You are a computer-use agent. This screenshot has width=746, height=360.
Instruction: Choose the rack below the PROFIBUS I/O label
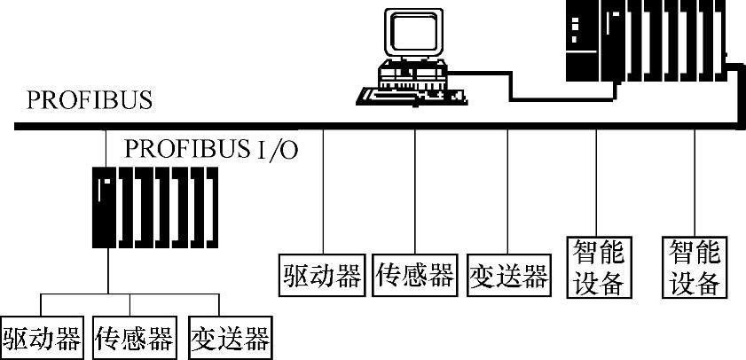coord(154,207)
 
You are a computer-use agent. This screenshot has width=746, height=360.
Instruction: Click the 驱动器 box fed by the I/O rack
coord(42,338)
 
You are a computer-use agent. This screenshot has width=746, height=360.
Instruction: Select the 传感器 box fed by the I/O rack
coord(135,338)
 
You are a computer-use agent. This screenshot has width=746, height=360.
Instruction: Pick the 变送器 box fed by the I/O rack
coord(229,338)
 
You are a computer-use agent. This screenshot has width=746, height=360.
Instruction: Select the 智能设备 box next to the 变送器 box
coord(597,266)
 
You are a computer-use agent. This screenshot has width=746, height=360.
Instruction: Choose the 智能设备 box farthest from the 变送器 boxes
coord(694,266)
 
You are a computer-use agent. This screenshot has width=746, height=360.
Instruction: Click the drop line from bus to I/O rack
coord(106,146)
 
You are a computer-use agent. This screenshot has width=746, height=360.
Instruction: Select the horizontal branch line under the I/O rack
coord(133,293)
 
